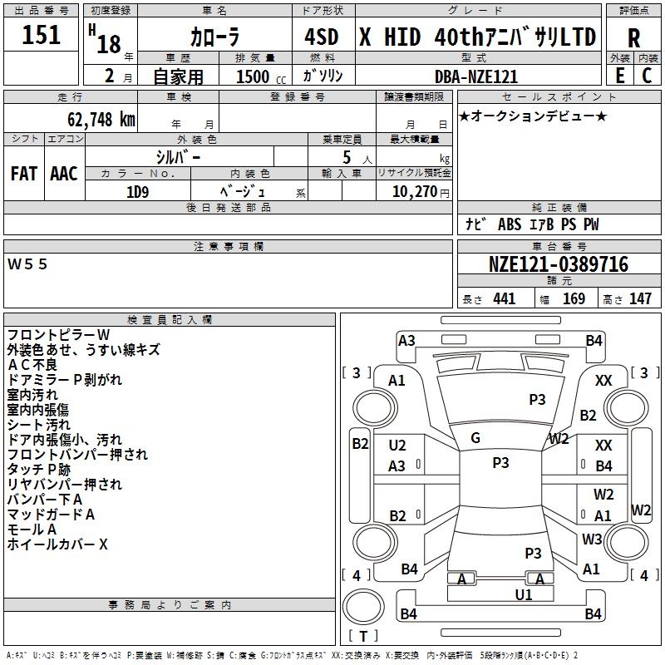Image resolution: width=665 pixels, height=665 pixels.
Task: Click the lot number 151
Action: tap(41, 35)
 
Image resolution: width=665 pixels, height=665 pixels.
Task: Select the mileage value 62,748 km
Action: tap(101, 120)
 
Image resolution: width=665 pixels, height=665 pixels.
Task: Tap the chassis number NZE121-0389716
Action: tap(559, 264)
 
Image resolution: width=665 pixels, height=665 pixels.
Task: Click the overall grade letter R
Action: tap(633, 38)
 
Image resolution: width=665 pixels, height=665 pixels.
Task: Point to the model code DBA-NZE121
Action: tap(476, 76)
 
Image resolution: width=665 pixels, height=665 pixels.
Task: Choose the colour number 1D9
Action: tap(138, 192)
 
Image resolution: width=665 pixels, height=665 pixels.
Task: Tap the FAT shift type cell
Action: tap(24, 174)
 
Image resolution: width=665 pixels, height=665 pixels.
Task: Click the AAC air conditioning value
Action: tap(64, 174)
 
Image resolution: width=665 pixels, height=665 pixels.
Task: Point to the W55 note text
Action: tap(27, 264)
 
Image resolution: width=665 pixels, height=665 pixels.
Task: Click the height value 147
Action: tap(640, 298)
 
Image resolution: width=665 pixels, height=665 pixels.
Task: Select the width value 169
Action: tap(574, 298)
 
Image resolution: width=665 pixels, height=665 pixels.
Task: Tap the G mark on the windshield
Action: tap(475, 438)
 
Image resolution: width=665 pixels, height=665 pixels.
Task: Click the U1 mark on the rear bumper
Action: tap(524, 595)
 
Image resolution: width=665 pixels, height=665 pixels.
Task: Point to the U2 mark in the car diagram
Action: tap(397, 446)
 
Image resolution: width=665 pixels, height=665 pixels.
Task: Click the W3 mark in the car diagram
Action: tap(592, 539)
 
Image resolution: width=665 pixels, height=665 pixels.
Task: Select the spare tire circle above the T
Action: tap(363, 607)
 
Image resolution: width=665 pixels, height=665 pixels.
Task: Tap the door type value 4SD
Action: tap(322, 37)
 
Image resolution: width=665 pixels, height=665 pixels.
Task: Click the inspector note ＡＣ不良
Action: tap(32, 365)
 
